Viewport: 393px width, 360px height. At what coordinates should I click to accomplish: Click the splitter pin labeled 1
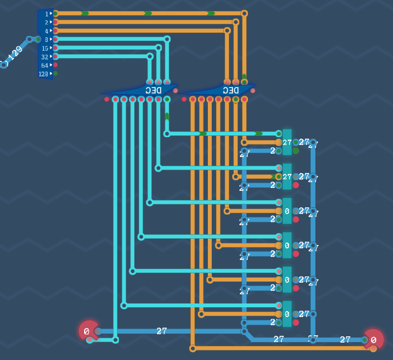[55, 14]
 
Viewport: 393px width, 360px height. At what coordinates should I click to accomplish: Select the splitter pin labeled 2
[55, 22]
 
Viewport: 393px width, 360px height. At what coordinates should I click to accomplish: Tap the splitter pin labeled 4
[55, 31]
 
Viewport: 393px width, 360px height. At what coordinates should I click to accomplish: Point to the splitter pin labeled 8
[55, 39]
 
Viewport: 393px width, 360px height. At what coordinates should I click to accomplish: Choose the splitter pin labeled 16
[55, 48]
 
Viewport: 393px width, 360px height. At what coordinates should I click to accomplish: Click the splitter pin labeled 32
[55, 57]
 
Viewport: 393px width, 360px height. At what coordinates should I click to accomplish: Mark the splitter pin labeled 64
[55, 65]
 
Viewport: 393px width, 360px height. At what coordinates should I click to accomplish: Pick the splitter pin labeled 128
[55, 73]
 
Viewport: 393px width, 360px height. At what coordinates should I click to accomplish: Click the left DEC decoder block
[140, 90]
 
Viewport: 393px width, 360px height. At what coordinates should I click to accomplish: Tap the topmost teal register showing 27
[287, 142]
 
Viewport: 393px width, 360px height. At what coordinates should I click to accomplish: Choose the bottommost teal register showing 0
[287, 314]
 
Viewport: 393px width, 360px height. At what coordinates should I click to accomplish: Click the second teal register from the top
[287, 177]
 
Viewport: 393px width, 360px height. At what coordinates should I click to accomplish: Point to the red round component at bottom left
[88, 331]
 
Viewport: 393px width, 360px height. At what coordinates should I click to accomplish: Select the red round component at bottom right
[374, 339]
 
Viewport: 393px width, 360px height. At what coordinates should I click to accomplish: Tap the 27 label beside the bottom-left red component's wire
[161, 331]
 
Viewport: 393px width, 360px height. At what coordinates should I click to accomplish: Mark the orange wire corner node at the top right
[244, 14]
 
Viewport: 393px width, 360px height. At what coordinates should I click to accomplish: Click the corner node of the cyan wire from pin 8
[167, 39]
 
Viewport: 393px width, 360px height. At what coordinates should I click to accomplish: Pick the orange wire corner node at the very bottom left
[192, 348]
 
